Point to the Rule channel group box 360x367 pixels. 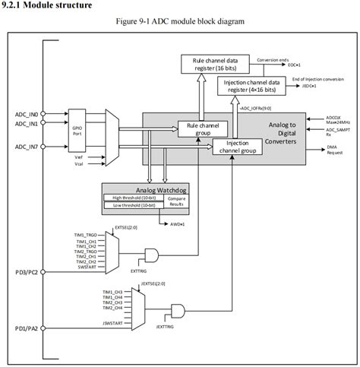tap(198, 128)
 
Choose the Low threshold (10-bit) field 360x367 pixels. tap(130, 204)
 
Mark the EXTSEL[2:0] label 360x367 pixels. tap(125, 228)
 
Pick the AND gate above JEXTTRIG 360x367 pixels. tap(180, 310)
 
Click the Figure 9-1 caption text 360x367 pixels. tap(179, 21)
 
